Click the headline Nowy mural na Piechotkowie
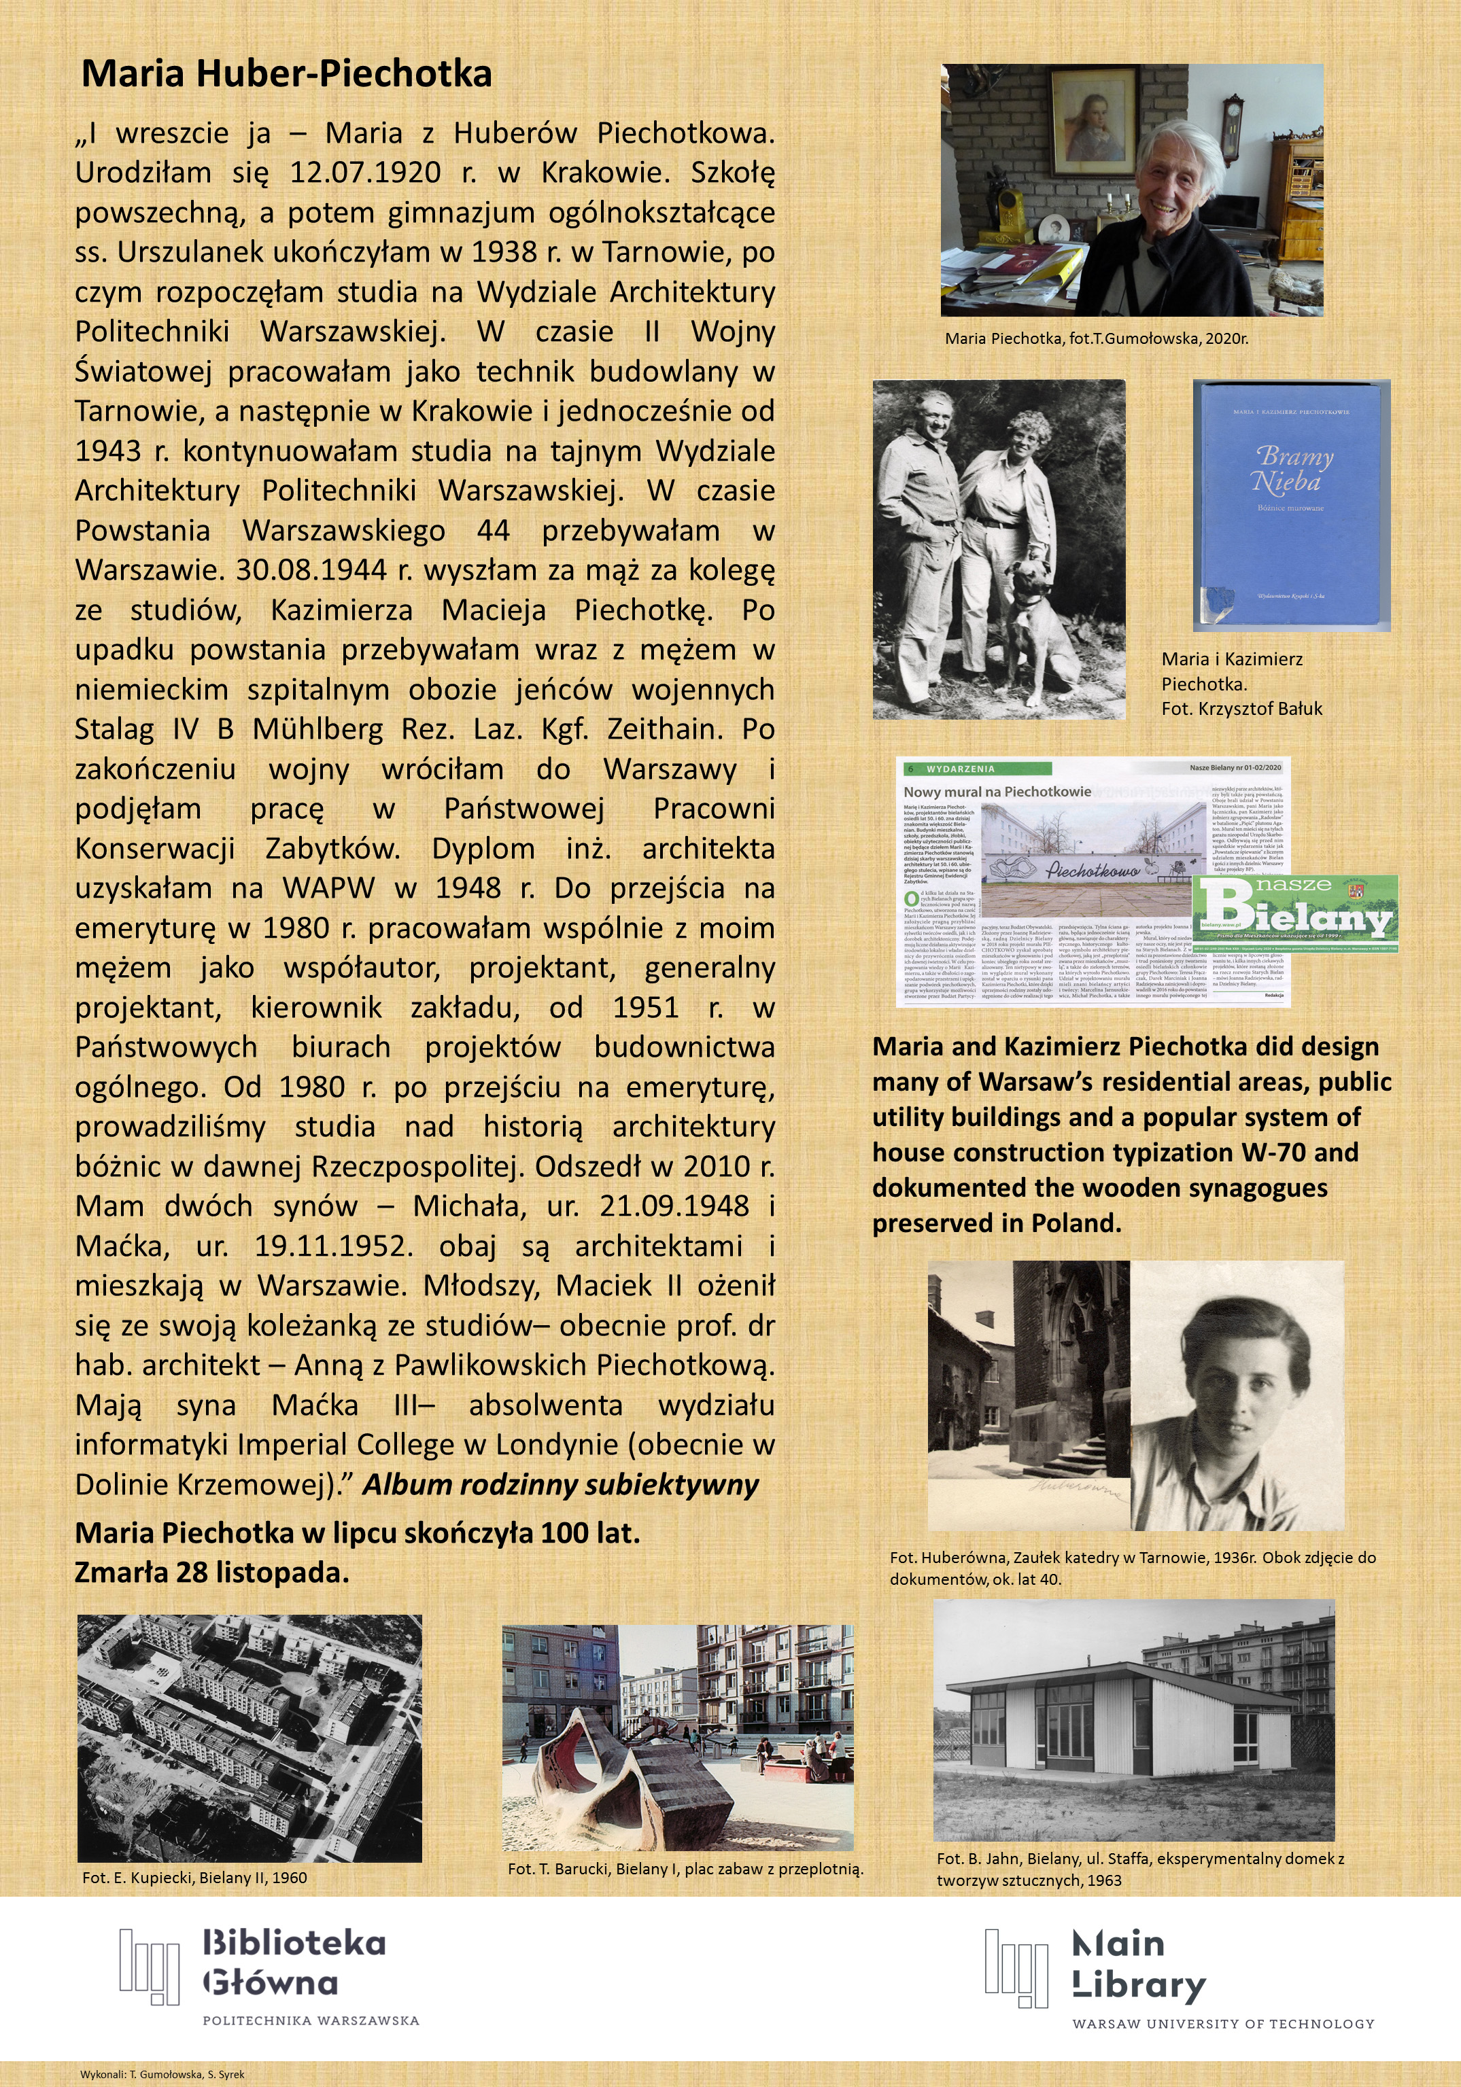pos(997,791)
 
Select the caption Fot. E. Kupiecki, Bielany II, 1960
pos(194,1877)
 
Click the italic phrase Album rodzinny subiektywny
pos(560,1486)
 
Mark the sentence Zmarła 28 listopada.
pos(212,1572)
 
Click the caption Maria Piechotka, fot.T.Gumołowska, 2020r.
pos(1095,339)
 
